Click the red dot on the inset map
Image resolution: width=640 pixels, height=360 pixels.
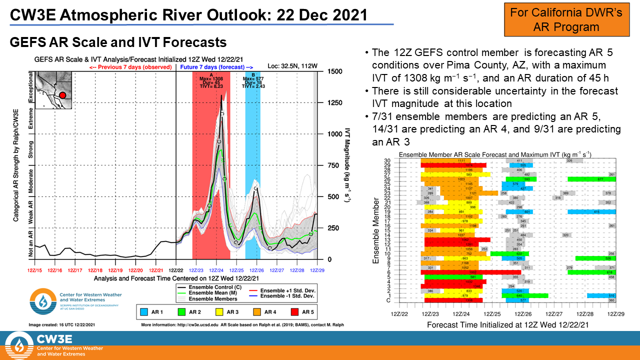pyautogui.click(x=62, y=95)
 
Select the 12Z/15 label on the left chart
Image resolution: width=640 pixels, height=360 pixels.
pyautogui.click(x=34, y=270)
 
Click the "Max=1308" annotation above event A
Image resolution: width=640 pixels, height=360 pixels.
pyautogui.click(x=212, y=79)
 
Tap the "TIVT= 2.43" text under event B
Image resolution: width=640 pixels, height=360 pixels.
pyautogui.click(x=253, y=86)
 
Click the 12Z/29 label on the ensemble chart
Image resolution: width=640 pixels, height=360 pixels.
pyautogui.click(x=615, y=313)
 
